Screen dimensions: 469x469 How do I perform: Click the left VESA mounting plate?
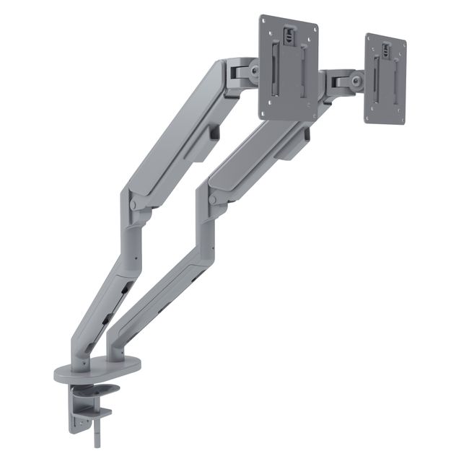[289, 69]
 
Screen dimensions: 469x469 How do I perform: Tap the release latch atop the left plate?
[289, 32]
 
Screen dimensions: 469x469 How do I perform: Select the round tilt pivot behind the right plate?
[355, 81]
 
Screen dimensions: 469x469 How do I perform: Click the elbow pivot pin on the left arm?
[133, 204]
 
